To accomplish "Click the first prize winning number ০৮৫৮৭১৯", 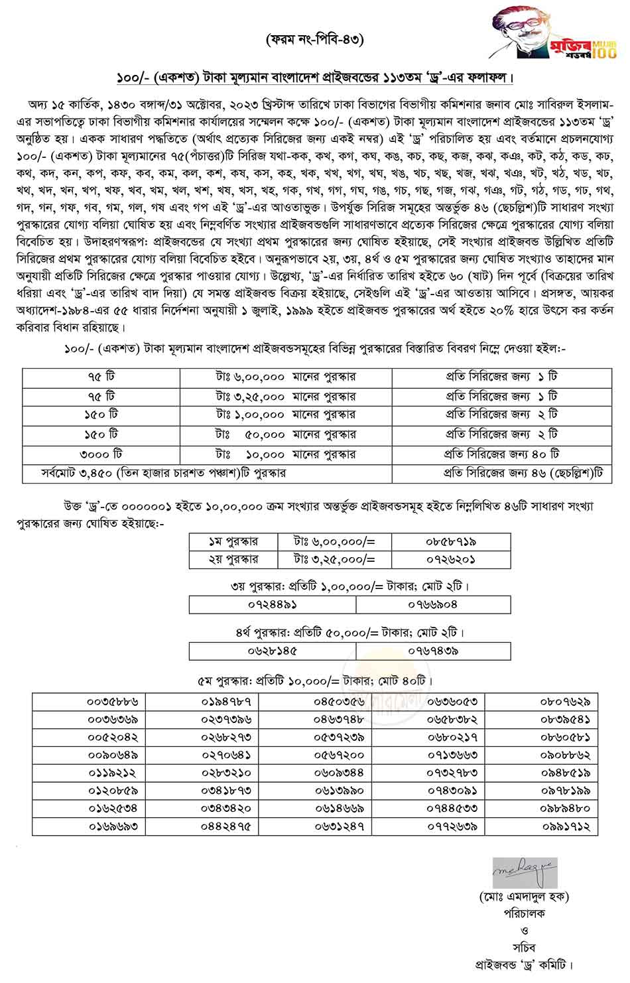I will (451, 541).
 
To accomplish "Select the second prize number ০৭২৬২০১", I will (451, 559).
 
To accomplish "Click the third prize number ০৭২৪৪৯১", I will (273, 604).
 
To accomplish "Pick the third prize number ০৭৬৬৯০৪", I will (433, 604).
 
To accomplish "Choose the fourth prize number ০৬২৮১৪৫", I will (273, 651).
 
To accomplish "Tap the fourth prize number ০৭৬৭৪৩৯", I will (433, 651).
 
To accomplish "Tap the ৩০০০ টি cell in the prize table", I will (101, 454).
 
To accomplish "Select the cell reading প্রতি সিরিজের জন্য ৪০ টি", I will (501, 454).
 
